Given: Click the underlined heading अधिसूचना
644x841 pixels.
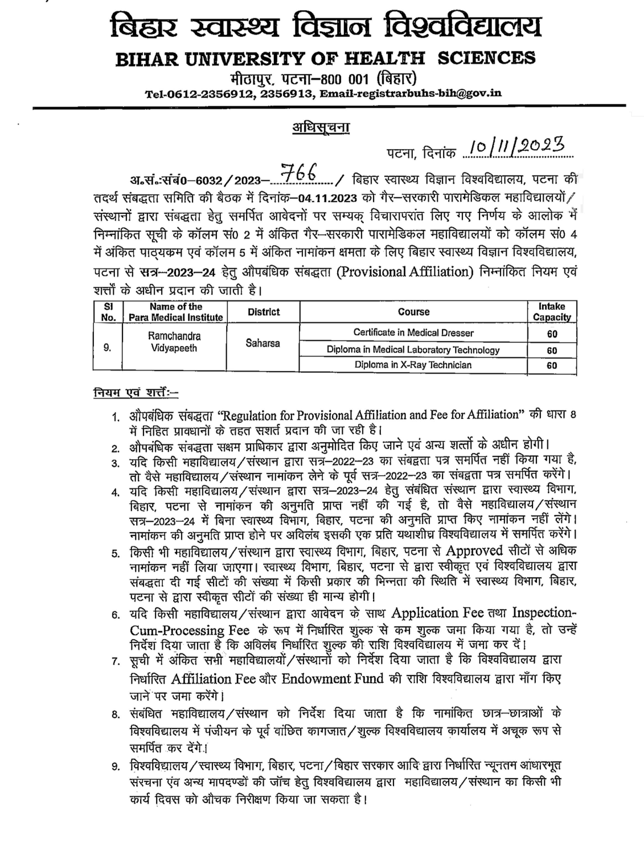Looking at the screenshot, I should point(321,127).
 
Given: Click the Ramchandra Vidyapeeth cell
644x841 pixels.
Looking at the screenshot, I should point(174,342).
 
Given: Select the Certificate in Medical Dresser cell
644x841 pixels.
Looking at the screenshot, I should point(413,333).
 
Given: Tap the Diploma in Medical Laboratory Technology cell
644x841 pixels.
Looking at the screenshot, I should point(413,350).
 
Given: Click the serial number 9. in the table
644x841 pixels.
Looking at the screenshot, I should point(107,348).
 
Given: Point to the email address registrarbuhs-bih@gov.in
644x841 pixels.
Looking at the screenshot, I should point(410,94).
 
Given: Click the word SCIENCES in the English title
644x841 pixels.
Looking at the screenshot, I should point(486,58).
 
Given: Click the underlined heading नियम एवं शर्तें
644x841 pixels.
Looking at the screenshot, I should point(136,393).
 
